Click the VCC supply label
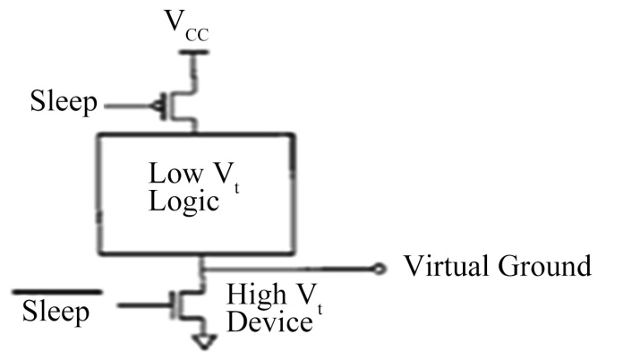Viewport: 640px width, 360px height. [x=186, y=25]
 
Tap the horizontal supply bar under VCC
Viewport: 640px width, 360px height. [x=194, y=52]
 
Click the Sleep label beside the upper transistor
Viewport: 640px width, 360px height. [x=64, y=101]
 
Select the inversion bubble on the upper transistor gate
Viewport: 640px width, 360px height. [x=156, y=107]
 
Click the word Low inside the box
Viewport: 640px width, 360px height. [x=175, y=173]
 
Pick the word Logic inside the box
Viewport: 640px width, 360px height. [x=183, y=201]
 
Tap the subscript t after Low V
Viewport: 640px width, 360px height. [x=236, y=188]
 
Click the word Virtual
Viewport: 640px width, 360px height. [x=448, y=266]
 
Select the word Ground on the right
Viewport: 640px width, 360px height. [x=545, y=266]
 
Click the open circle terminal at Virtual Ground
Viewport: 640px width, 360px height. [x=380, y=269]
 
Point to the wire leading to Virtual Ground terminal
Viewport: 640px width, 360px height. [x=288, y=269]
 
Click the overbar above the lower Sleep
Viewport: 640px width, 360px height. [x=57, y=292]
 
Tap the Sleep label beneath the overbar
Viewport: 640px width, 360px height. [x=55, y=313]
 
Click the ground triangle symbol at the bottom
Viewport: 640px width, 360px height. [x=204, y=342]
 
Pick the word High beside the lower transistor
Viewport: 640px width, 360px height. [x=257, y=295]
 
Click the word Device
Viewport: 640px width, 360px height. [x=269, y=322]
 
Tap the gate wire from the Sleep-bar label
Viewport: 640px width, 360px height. [x=144, y=304]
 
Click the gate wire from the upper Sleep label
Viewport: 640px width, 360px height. [x=128, y=107]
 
